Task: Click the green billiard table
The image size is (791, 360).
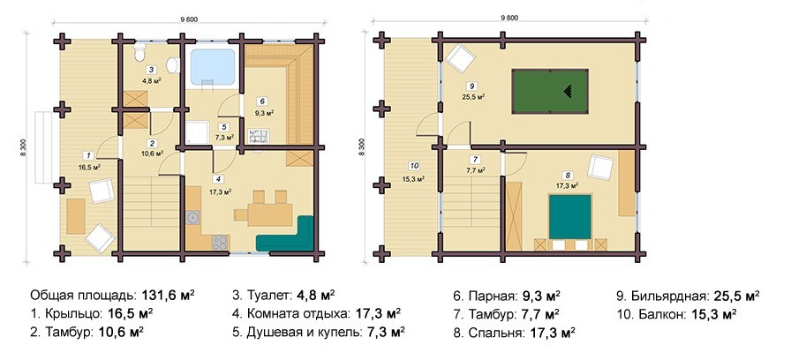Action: point(550,91)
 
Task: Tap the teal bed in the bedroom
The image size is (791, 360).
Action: point(570,217)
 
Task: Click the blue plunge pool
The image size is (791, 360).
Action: point(213,66)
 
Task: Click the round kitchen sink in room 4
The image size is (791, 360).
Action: point(192,218)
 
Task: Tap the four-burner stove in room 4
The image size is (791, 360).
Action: point(220,242)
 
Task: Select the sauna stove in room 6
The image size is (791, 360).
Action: point(260,135)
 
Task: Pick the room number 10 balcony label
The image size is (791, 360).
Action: point(414,165)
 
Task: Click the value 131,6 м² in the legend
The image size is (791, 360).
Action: point(169,296)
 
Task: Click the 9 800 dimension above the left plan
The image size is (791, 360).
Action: point(188,20)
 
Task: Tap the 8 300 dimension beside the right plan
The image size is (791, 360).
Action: point(361,146)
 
